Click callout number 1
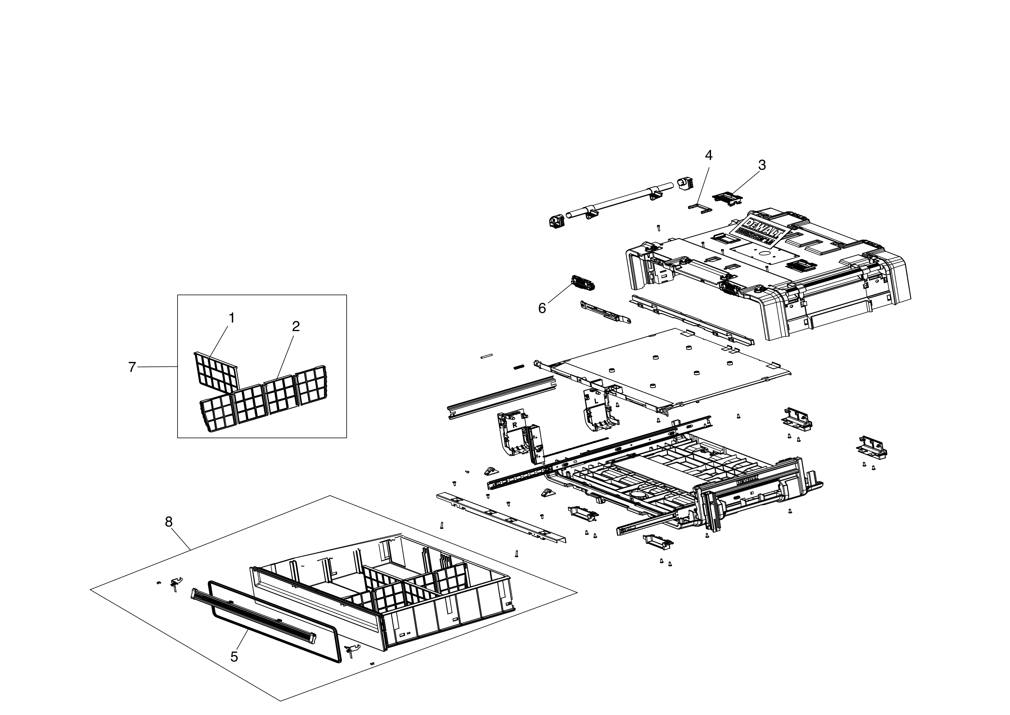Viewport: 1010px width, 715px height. (x=232, y=318)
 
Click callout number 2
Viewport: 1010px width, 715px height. (x=296, y=326)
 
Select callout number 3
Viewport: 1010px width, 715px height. (x=762, y=165)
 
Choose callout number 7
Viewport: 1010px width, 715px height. (x=132, y=367)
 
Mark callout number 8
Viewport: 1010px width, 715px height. (x=169, y=522)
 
